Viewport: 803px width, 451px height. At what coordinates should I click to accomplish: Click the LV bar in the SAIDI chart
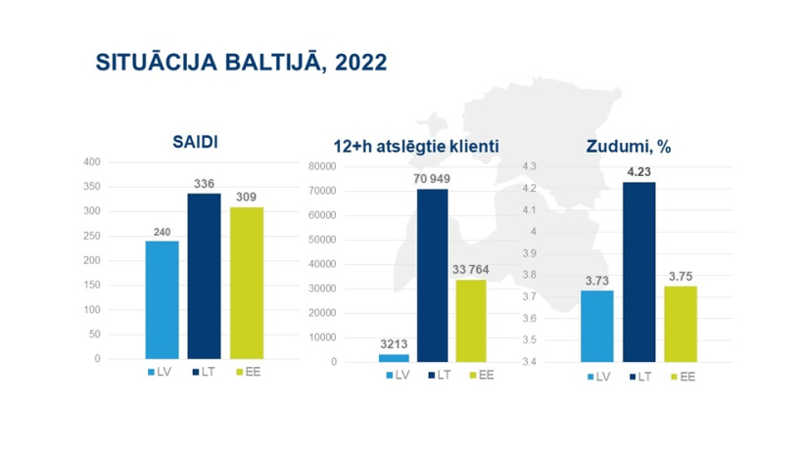click(162, 299)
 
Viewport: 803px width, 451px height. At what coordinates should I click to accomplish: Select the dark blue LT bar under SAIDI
click(204, 276)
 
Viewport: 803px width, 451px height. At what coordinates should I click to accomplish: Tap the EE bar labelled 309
click(247, 283)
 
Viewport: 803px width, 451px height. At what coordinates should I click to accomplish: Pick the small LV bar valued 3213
click(394, 358)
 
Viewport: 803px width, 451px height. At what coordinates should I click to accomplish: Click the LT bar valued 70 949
click(432, 276)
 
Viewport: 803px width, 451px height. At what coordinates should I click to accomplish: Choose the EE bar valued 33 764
click(471, 321)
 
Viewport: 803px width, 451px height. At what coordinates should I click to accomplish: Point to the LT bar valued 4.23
click(638, 272)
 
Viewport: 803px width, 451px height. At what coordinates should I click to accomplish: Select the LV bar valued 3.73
click(596, 326)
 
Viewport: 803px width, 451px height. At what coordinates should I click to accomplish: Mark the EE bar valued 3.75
click(681, 324)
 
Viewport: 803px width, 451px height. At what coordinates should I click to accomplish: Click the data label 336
click(204, 184)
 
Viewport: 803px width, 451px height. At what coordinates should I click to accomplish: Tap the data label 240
click(162, 232)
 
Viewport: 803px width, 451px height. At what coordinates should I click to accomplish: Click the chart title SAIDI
click(195, 142)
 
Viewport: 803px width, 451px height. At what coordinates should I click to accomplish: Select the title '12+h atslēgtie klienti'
click(416, 147)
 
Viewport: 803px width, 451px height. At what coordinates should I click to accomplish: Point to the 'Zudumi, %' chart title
click(629, 147)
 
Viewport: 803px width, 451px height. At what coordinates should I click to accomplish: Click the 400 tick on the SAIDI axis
click(92, 162)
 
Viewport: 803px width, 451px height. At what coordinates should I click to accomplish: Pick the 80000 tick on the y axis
click(322, 166)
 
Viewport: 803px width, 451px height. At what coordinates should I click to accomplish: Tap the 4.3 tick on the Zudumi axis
click(529, 166)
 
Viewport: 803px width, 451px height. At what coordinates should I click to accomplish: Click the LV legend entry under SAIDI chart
click(160, 373)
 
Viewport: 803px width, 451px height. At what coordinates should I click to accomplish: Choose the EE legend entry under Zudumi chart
click(684, 377)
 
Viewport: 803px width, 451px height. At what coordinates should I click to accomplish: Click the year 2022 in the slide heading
click(360, 63)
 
